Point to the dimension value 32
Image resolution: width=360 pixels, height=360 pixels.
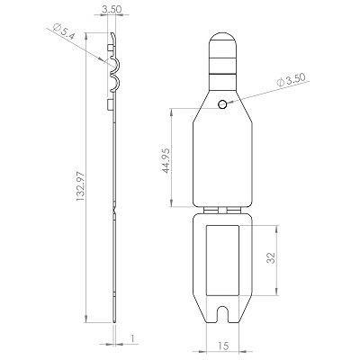tap(269, 259)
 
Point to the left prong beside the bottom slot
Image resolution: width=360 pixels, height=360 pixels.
tap(211, 315)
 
